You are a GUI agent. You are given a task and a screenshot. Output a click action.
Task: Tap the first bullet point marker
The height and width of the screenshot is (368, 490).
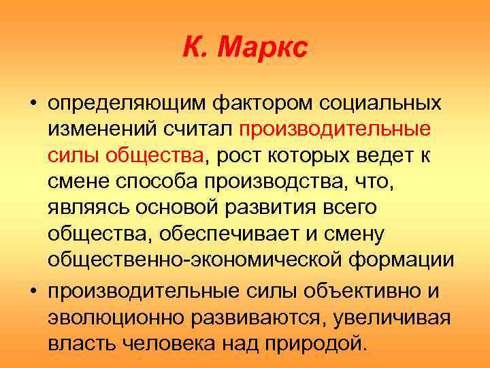click(33, 106)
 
